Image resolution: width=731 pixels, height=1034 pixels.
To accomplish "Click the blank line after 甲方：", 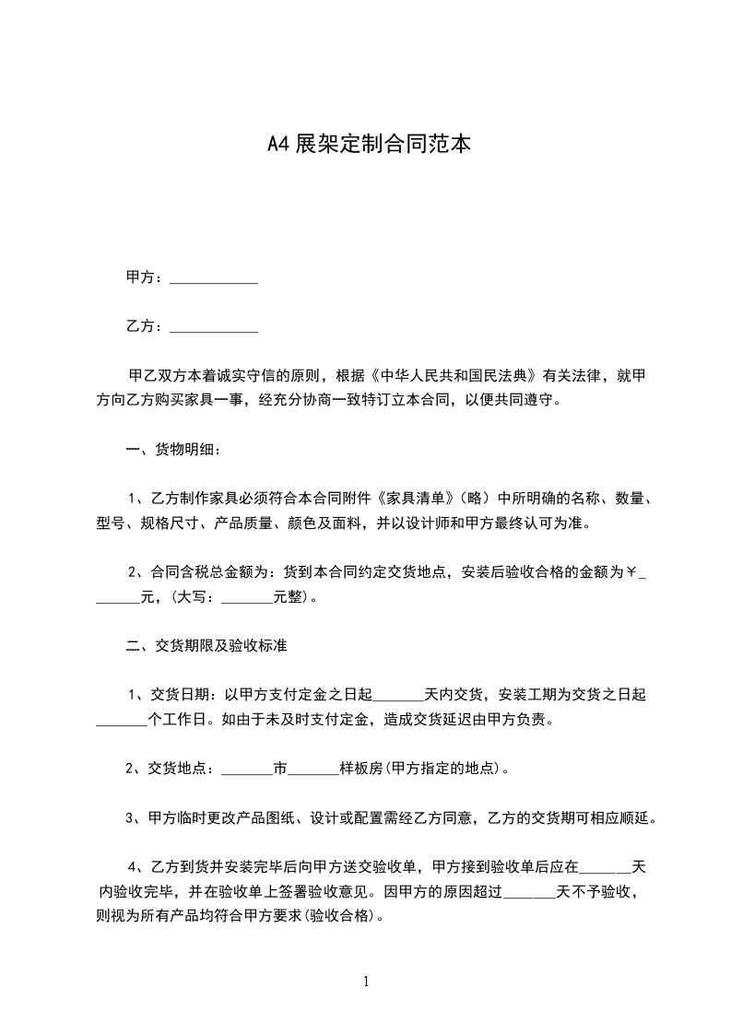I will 214,278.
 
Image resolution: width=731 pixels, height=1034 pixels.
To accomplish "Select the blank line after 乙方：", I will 214,327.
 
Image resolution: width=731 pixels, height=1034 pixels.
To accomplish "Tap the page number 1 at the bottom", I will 366,981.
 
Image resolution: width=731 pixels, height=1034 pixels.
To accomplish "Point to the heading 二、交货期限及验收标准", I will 206,646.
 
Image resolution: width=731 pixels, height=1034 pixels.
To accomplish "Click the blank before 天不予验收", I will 530,892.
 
